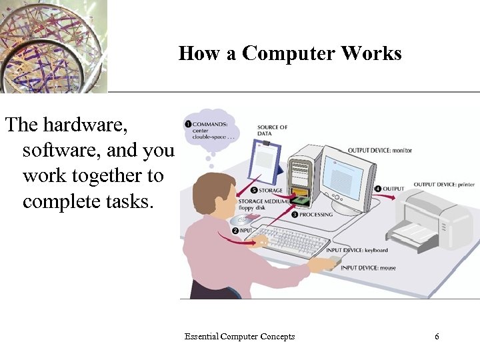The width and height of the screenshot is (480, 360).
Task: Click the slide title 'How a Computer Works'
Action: pyautogui.click(x=290, y=53)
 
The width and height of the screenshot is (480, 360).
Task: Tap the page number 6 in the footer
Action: pyautogui.click(x=437, y=337)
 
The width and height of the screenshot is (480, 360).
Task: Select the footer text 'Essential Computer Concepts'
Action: pyautogui.click(x=240, y=337)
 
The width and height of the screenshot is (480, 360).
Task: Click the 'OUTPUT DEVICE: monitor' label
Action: pyautogui.click(x=380, y=151)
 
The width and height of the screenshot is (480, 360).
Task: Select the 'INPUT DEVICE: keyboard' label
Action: pyautogui.click(x=357, y=251)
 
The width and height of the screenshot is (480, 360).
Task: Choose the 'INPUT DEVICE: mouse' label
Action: pyautogui.click(x=368, y=268)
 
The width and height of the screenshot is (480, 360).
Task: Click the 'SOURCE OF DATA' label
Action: pyautogui.click(x=272, y=130)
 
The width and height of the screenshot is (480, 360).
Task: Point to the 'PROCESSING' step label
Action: pyautogui.click(x=316, y=215)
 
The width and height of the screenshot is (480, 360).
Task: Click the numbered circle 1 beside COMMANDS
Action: pyautogui.click(x=188, y=124)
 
